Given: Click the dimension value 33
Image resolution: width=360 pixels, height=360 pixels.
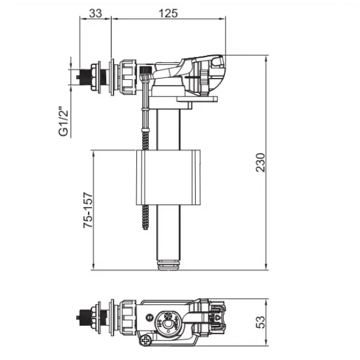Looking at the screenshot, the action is pyautogui.click(x=95, y=13).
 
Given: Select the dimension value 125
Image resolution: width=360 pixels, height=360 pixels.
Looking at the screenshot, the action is pyautogui.click(x=168, y=13).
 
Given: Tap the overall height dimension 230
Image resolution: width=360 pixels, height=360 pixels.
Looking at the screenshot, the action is pyautogui.click(x=260, y=163).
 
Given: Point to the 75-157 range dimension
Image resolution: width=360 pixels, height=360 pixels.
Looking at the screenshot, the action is pyautogui.click(x=88, y=210).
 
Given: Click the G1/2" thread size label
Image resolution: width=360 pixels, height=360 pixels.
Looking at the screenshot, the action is pyautogui.click(x=64, y=121).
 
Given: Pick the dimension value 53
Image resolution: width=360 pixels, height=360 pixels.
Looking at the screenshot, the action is pyautogui.click(x=260, y=322).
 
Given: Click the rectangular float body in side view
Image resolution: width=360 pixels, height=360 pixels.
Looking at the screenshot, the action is pyautogui.click(x=168, y=177).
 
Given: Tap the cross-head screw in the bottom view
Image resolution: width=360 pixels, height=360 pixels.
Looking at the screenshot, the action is pyautogui.click(x=145, y=340).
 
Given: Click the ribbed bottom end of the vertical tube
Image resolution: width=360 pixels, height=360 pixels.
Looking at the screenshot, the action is pyautogui.click(x=168, y=265).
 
